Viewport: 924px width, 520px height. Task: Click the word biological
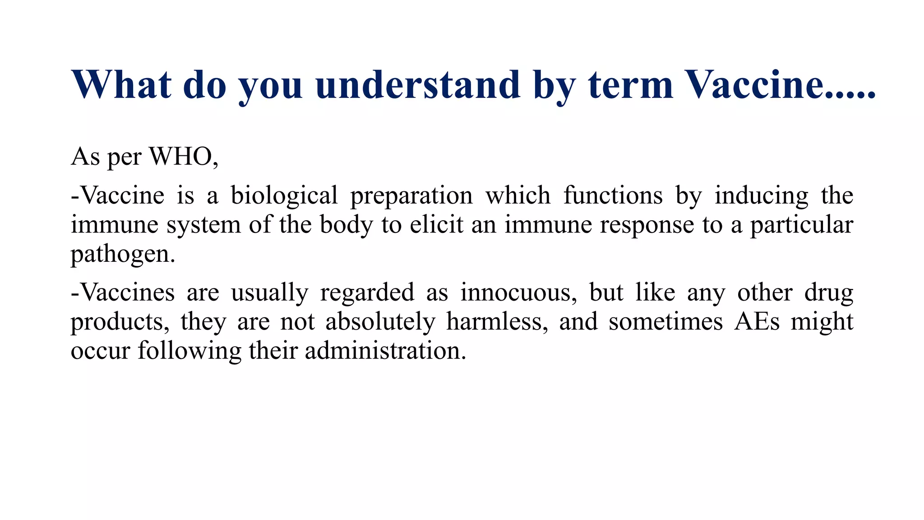pos(284,196)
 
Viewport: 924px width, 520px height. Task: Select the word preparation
pos(411,196)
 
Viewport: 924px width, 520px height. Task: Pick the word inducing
pos(762,196)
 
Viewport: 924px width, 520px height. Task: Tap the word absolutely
pos(380,322)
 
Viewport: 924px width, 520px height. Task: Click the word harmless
pos(497,322)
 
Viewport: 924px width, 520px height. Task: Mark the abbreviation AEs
pos(757,322)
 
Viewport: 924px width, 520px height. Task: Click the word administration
pos(385,351)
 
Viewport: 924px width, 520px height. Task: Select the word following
pos(189,351)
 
